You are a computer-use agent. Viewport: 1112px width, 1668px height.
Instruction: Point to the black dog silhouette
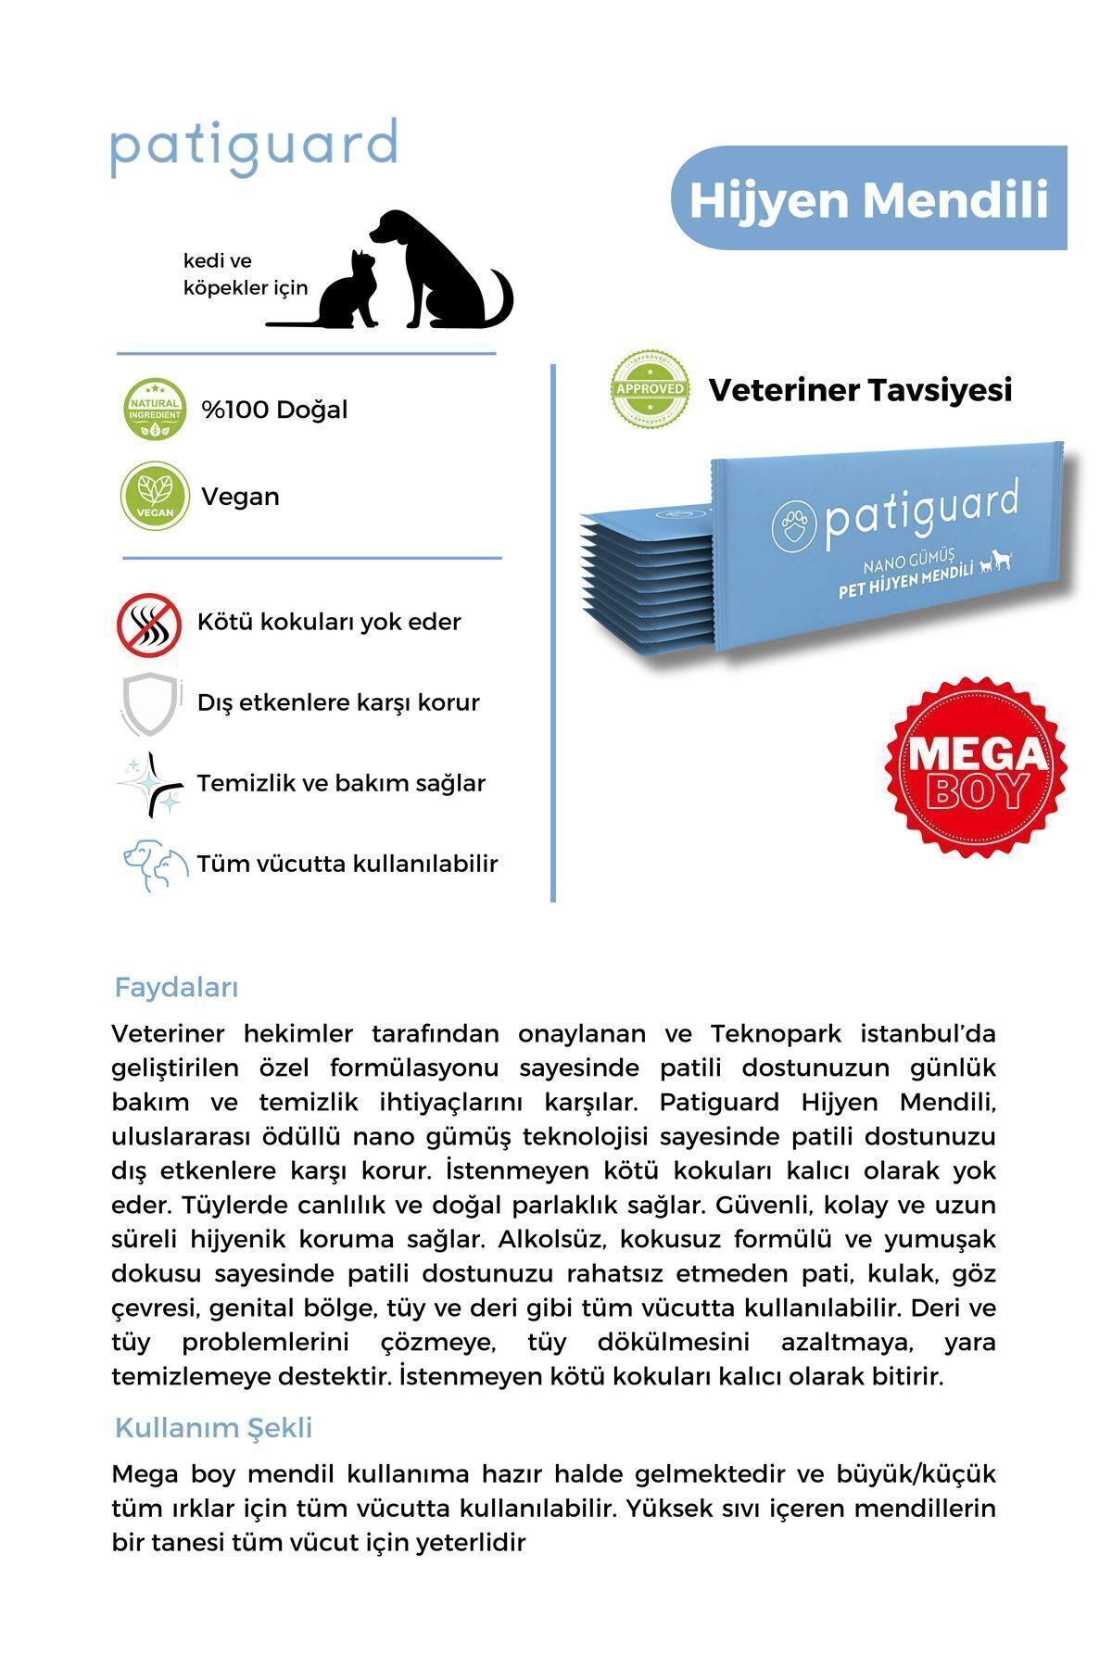point(440,269)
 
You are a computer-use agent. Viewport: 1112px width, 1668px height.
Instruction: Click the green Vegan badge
point(155,496)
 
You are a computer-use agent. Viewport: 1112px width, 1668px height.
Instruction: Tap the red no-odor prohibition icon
point(148,624)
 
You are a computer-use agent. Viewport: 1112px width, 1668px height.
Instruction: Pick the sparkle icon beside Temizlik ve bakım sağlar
point(150,785)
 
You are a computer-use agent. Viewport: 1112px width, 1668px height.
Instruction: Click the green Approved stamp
point(650,389)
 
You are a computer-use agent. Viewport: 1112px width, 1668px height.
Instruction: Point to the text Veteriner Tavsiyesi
point(860,390)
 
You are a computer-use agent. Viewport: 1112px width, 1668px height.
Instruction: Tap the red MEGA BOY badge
point(975,767)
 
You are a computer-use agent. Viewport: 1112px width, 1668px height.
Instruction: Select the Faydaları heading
point(176,988)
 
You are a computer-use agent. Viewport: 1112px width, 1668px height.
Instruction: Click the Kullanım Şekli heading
point(213,1428)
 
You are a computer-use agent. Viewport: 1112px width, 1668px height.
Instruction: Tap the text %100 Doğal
point(274,410)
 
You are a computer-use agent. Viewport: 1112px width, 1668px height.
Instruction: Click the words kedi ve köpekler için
point(245,274)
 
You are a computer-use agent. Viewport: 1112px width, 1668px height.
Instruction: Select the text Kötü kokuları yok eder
point(329,622)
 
